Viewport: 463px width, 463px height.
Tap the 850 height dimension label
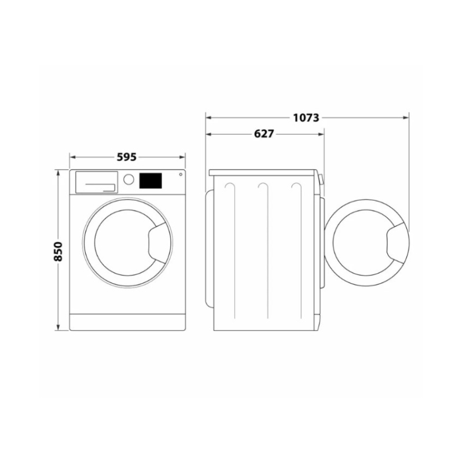coord(58,250)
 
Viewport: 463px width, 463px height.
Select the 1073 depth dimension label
coord(306,117)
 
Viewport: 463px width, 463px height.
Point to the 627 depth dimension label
coord(263,134)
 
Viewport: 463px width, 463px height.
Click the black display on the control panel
coord(150,181)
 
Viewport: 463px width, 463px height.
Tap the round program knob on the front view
coord(129,179)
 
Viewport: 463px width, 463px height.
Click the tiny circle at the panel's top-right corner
coord(181,174)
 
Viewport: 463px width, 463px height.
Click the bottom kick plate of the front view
coord(127,322)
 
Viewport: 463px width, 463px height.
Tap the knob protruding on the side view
coord(321,180)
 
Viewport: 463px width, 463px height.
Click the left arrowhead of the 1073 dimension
coord(209,117)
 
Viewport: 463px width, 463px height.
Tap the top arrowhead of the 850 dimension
coord(58,173)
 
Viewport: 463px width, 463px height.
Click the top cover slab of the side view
coord(263,172)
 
